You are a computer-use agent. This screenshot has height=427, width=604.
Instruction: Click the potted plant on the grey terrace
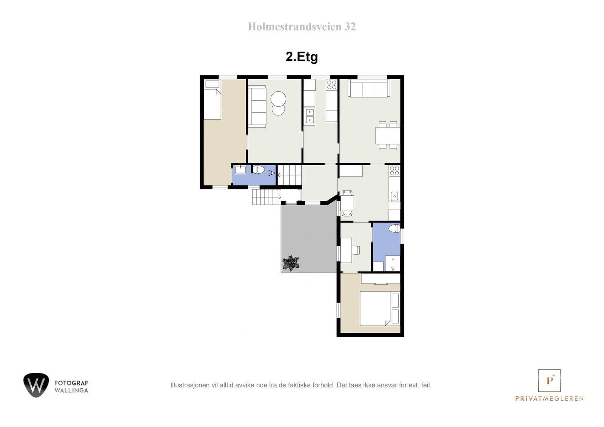click(291, 263)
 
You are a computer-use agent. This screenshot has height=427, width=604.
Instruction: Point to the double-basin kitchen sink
click(310, 115)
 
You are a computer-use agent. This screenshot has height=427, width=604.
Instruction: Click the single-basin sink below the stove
click(394, 196)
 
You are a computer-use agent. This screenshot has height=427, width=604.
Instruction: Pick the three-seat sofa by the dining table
click(368, 88)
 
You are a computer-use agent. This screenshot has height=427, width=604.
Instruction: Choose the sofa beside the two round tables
click(257, 106)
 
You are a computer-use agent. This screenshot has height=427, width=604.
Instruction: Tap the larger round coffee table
click(279, 99)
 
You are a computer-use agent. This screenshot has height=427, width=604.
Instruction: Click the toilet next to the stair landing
click(259, 170)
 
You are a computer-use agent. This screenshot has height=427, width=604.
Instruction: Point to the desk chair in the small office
click(356, 249)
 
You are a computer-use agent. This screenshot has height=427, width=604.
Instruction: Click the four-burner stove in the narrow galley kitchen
click(332, 84)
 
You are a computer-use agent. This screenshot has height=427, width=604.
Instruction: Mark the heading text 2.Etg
click(302, 57)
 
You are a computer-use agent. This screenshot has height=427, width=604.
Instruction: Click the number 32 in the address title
click(350, 27)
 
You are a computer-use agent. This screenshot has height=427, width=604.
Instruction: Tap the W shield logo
click(36, 385)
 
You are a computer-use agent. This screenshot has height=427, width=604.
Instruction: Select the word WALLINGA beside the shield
click(71, 390)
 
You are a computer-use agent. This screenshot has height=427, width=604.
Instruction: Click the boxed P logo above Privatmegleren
click(549, 381)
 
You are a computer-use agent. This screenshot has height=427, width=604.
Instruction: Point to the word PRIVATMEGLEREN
click(549, 399)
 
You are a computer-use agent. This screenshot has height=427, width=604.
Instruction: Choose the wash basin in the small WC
click(240, 169)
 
